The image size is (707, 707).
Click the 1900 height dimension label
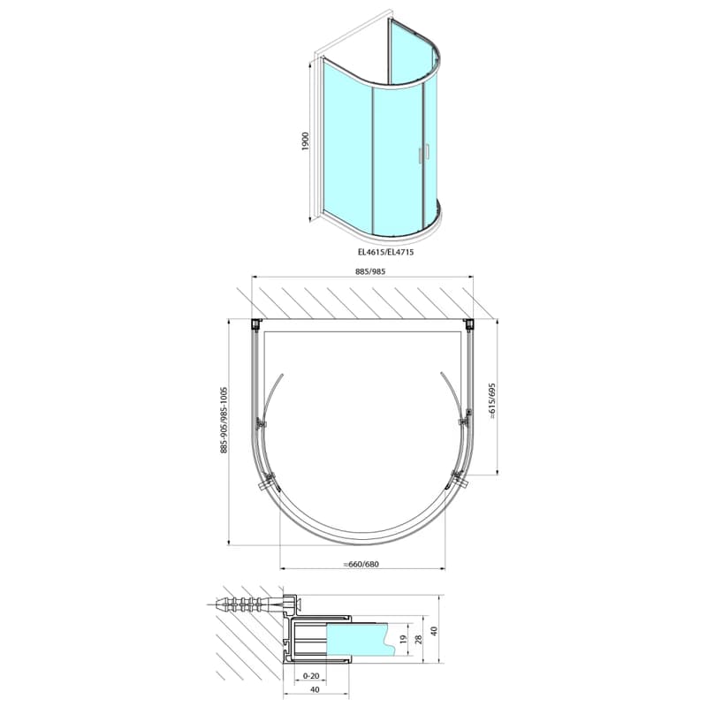tap(306, 141)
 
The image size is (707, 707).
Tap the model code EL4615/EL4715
tap(385, 252)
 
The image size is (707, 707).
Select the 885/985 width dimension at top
tap(370, 271)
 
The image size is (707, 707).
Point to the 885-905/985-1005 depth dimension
tap(224, 420)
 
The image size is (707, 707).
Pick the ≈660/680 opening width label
tap(361, 564)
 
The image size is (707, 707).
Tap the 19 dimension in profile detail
tap(403, 639)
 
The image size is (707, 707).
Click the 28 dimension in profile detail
tap(418, 639)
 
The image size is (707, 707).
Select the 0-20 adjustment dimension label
tap(311, 675)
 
